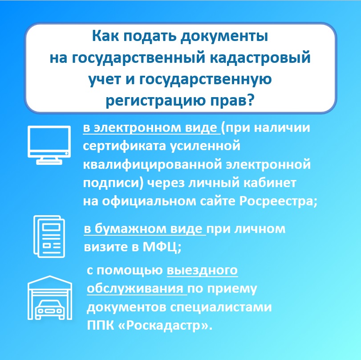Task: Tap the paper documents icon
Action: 49,236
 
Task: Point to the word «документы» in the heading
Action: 224,37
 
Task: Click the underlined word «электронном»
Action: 138,127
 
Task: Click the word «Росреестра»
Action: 276,201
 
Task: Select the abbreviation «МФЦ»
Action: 160,248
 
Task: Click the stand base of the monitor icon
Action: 49,163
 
